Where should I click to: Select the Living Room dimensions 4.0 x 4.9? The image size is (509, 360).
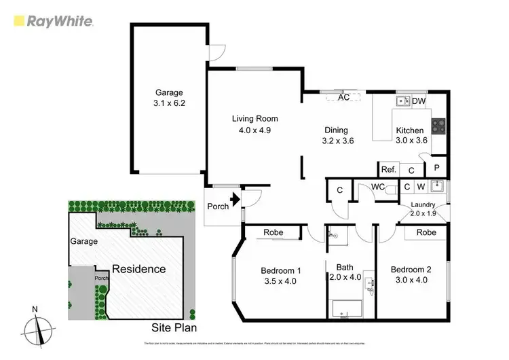(x=254, y=131)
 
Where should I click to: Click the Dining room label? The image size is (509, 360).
(x=336, y=130)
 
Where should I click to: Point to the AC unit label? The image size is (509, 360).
(x=343, y=97)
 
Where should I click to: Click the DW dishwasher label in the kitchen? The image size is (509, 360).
(x=419, y=102)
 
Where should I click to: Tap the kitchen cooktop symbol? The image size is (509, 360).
(x=438, y=126)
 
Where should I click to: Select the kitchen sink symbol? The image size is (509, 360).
(x=403, y=101)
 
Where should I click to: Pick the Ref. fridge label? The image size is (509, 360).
(x=388, y=170)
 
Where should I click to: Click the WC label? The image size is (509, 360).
(x=378, y=186)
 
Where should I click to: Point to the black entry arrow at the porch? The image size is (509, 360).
(x=235, y=200)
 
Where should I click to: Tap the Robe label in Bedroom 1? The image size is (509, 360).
(x=274, y=232)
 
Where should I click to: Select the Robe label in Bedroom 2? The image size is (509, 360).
(x=426, y=232)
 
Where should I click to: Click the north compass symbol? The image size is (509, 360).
(x=39, y=330)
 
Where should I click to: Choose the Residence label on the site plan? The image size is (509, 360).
(x=138, y=268)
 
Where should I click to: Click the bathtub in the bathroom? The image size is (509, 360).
(x=345, y=308)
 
